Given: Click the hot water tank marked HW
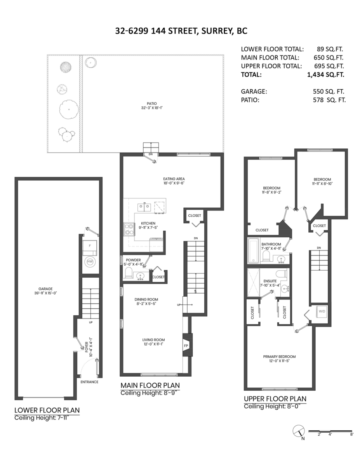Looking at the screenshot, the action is tap(90, 262).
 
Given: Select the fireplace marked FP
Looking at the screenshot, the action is tap(186, 346).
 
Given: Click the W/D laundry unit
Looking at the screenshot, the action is tap(322, 311).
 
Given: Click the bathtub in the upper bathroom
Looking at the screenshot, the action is tap(254, 251).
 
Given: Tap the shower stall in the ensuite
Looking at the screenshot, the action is tap(254, 282).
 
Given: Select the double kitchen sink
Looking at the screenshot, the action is tap(144, 207).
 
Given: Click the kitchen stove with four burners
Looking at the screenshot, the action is tap(129, 229).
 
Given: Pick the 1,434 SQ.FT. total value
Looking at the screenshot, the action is tap(326, 75).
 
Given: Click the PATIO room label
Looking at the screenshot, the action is tap(152, 104).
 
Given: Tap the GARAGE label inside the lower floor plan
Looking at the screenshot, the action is tap(45, 289).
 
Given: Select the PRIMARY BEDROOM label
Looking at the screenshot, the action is tap(279, 356).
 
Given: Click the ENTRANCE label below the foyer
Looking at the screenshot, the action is tap(89, 382).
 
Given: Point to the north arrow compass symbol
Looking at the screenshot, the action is tap(299, 431).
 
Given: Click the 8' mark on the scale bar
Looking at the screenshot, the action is tap(351, 434).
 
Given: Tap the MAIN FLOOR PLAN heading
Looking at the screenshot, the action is tap(150, 385).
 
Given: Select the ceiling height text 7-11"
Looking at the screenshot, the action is tap(63, 418).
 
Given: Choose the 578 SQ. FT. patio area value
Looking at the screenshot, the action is tap(329, 100).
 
